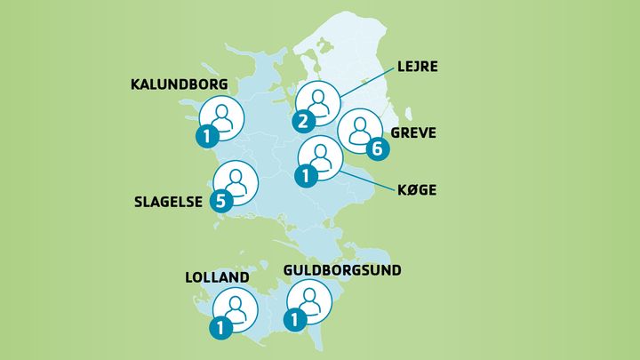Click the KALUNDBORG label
click(x=179, y=84)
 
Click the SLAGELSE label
click(x=166, y=201)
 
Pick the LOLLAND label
click(x=216, y=276)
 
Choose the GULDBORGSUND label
click(x=342, y=269)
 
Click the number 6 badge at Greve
click(x=376, y=148)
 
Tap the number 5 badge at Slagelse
click(x=221, y=200)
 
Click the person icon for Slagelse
click(x=236, y=181)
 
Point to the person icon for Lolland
click(x=236, y=308)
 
